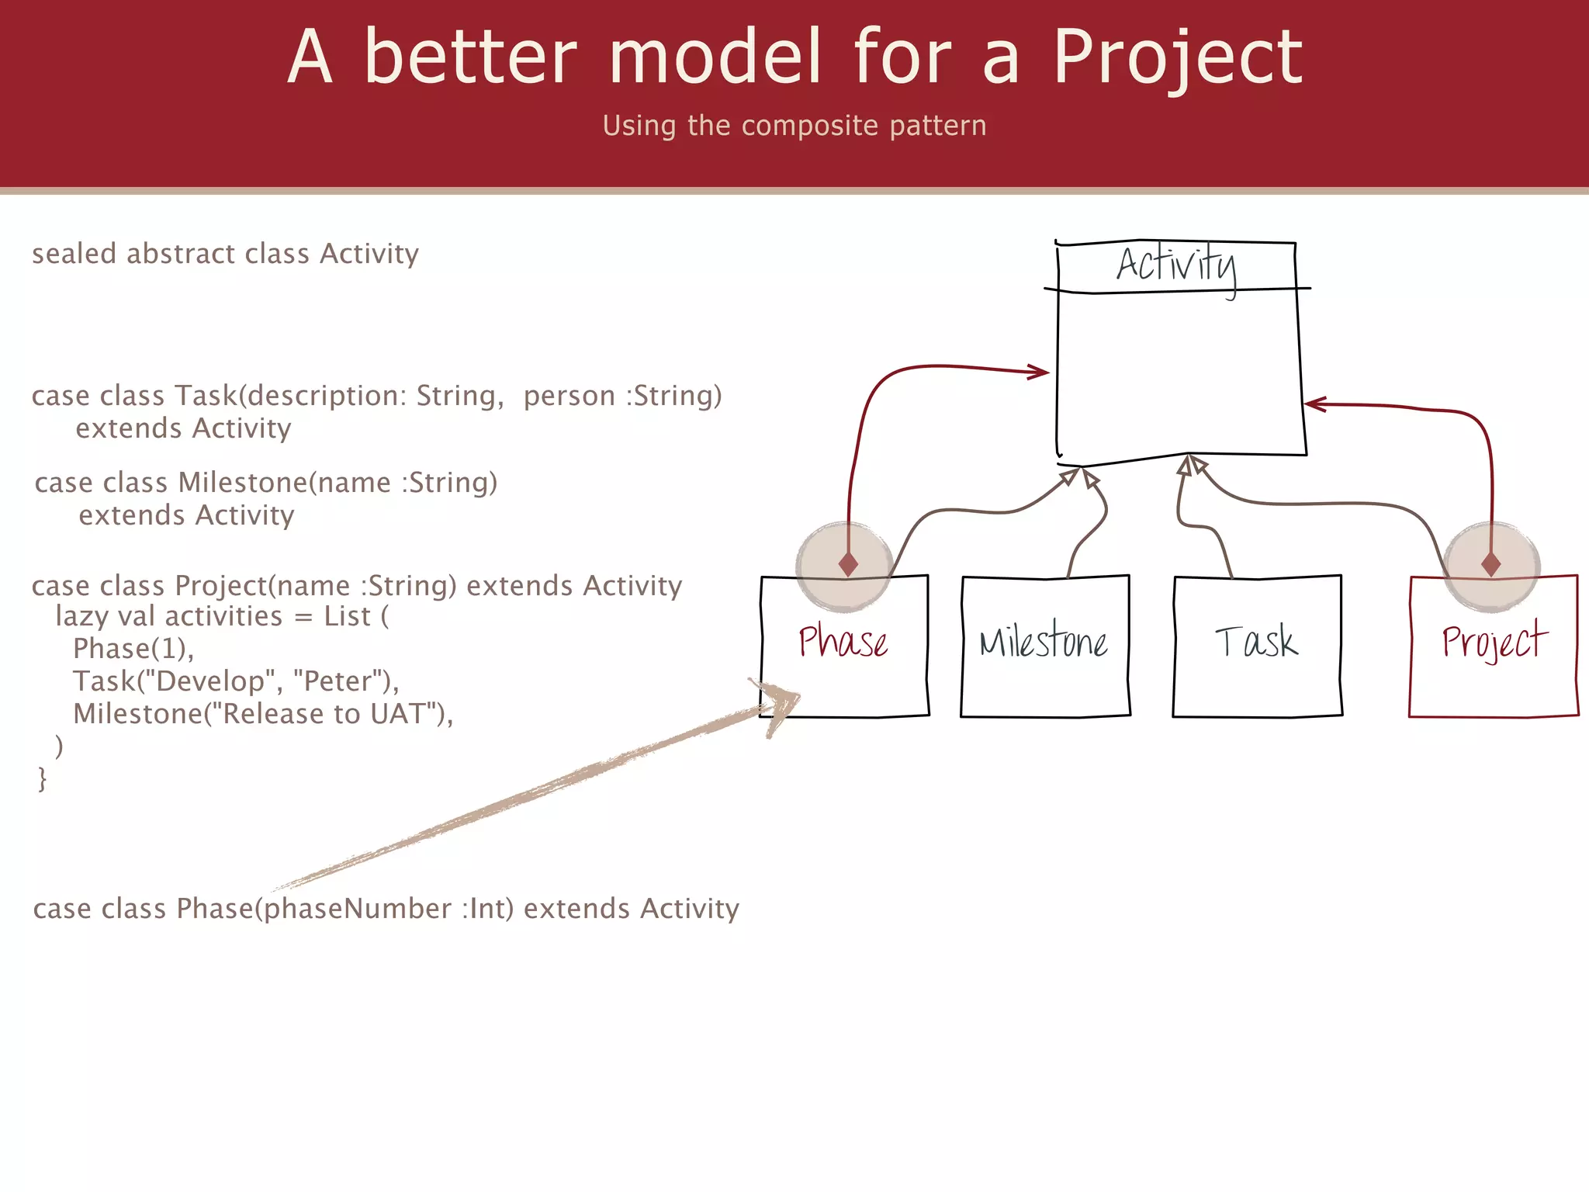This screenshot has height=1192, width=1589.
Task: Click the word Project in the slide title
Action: tap(1177, 57)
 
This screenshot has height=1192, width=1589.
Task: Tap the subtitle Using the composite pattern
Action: tap(794, 126)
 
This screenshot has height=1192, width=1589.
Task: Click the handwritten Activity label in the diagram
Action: tap(1175, 265)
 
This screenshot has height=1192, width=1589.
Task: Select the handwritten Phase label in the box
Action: tap(843, 643)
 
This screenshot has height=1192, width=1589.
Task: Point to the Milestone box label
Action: tap(1044, 643)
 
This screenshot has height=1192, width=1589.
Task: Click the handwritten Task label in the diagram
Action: tap(1256, 643)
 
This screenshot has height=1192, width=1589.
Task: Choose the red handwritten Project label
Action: tap(1494, 643)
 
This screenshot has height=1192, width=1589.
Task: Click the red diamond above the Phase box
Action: tap(848, 563)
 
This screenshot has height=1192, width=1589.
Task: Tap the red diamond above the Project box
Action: tap(1490, 563)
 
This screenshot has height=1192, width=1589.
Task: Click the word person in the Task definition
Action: tap(569, 397)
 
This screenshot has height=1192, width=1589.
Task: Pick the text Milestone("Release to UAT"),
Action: tap(263, 714)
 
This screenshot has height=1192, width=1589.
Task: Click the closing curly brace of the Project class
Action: tap(42, 778)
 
